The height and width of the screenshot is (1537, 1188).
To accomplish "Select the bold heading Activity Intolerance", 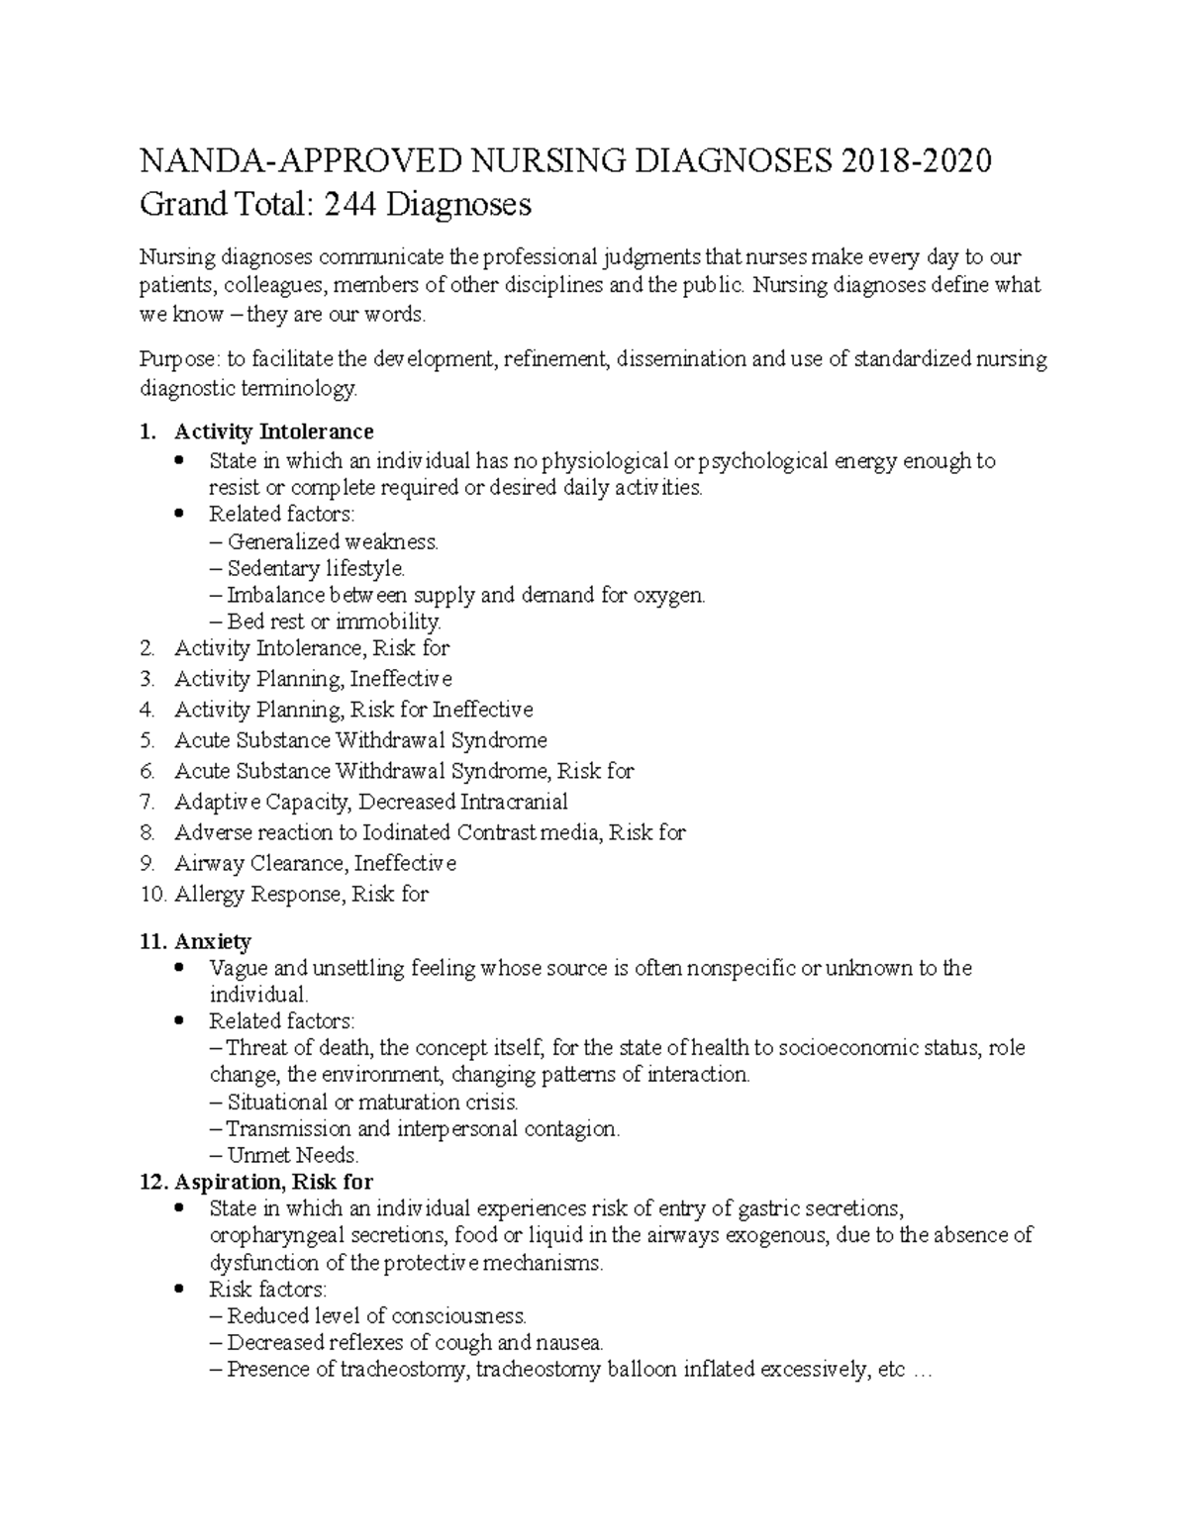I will pyautogui.click(x=273, y=432).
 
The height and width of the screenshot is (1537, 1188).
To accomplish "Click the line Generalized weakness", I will pyautogui.click(x=333, y=541).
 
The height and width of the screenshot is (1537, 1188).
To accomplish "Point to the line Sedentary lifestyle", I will pyautogui.click(x=316, y=568).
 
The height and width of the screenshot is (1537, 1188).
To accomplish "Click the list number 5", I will pyautogui.click(x=148, y=740).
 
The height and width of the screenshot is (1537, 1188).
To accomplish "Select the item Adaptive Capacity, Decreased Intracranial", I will pyautogui.click(x=370, y=802).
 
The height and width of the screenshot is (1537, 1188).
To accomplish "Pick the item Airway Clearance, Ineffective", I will pyautogui.click(x=315, y=863).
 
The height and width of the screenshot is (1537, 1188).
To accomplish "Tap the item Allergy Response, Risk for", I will pyautogui.click(x=301, y=894).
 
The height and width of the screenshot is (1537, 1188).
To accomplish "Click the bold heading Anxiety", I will pyautogui.click(x=213, y=941).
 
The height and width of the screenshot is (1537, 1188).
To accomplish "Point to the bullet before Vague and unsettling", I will pyautogui.click(x=179, y=969).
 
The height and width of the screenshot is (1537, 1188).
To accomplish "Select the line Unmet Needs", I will pyautogui.click(x=293, y=1155).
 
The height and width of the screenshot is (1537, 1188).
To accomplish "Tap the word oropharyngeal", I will pyautogui.click(x=274, y=1235).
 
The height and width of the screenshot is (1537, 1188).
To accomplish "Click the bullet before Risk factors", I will pyautogui.click(x=179, y=1290).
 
